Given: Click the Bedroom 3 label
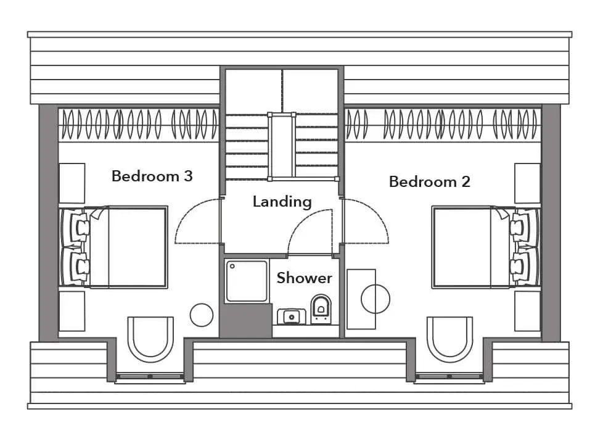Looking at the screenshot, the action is point(152,176).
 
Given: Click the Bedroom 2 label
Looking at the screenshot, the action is point(430,181).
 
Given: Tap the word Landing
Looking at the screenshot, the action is point(282,202).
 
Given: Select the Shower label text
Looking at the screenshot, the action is point(304,278).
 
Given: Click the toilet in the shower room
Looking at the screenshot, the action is point(321,308).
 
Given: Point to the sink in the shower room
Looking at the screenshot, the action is point(292,316).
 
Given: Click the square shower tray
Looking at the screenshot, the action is point(247,281).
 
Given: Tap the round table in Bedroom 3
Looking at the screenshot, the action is point(202,315).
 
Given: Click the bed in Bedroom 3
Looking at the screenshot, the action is point(114,247).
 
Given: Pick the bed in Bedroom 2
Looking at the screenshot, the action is point(486,247).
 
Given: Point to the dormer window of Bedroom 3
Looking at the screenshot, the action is point(150,376).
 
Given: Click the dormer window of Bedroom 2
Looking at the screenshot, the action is point(449,376).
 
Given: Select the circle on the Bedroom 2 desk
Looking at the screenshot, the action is point(375,299).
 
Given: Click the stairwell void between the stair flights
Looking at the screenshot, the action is point(282,146).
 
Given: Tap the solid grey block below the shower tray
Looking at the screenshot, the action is point(246,320).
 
